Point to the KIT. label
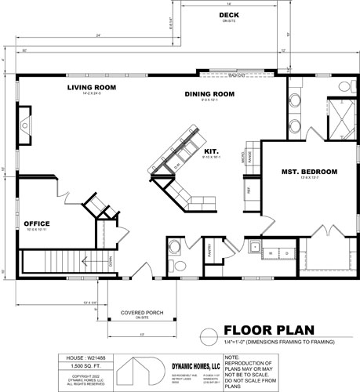[210, 151]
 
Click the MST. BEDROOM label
[309, 171]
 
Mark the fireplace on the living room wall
[24, 125]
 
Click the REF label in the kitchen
[249, 190]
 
